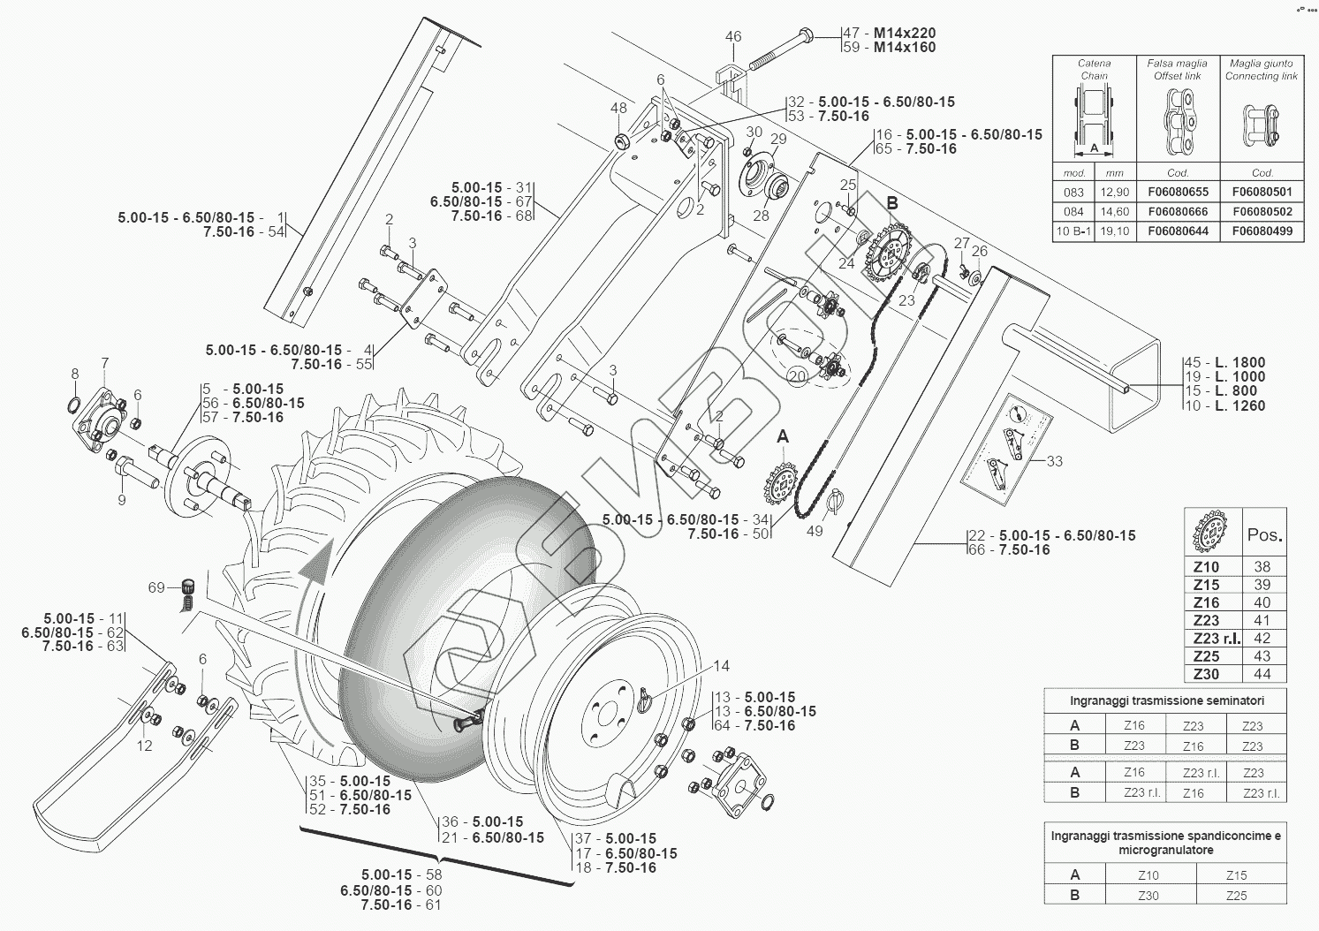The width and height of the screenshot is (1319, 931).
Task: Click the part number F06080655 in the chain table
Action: [1178, 193]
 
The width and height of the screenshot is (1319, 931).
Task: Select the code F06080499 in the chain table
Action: [1262, 231]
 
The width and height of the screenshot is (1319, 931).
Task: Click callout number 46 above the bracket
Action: [733, 37]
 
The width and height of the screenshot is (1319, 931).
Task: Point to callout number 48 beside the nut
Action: [618, 109]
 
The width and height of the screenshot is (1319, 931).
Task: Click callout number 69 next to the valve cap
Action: [156, 587]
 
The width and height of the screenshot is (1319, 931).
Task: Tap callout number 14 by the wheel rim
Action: [722, 666]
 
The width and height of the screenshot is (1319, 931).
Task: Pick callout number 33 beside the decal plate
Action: [1054, 461]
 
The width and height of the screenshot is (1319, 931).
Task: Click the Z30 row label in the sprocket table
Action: [1206, 674]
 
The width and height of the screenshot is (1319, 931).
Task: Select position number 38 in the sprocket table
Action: [1262, 567]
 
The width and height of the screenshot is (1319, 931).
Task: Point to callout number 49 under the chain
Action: [815, 531]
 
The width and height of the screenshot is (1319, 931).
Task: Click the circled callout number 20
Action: [797, 376]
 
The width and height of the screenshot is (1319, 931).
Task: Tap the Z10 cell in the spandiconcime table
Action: [1148, 875]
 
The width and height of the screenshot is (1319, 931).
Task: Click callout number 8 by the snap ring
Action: [75, 374]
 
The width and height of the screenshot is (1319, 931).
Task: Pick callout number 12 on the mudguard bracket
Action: [144, 746]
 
